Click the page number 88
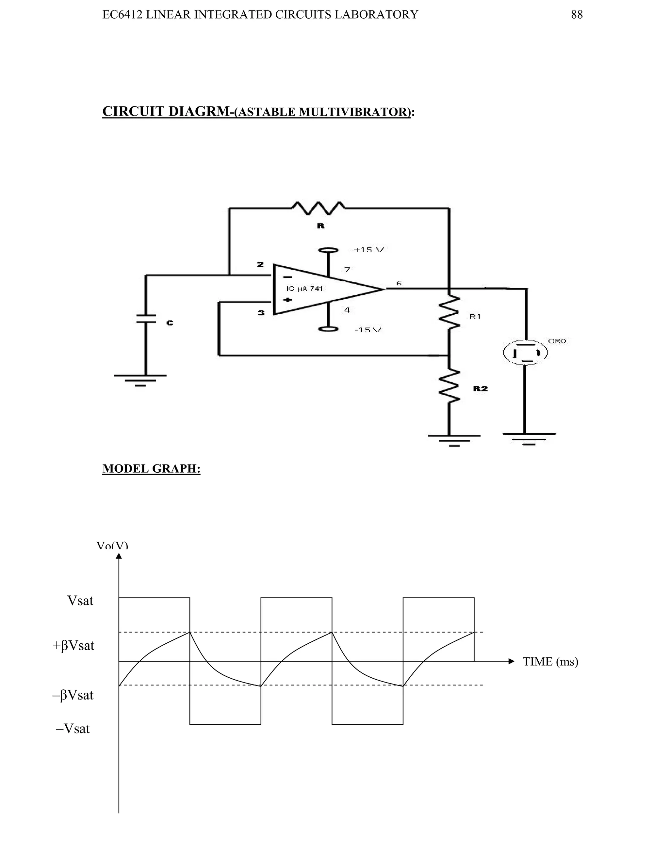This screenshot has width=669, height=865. point(577,15)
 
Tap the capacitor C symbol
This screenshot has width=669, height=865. point(146,319)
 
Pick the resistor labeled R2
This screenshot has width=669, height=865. point(449,386)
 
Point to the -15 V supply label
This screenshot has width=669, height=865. point(368,330)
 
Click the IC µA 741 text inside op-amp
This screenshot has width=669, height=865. point(304,289)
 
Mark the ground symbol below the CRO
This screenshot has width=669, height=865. point(529,438)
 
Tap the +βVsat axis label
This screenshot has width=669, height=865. point(73,645)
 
